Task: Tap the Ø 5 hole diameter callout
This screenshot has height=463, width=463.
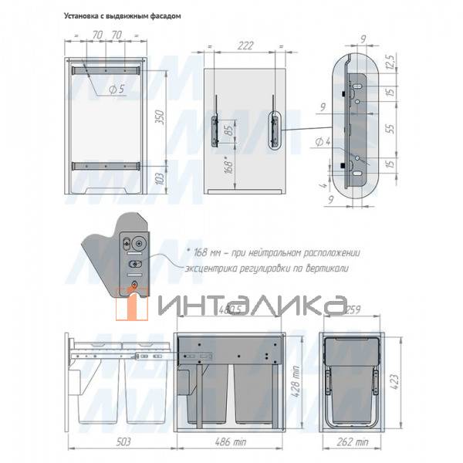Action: [x=117, y=90]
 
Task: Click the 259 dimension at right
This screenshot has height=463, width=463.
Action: [x=353, y=311]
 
